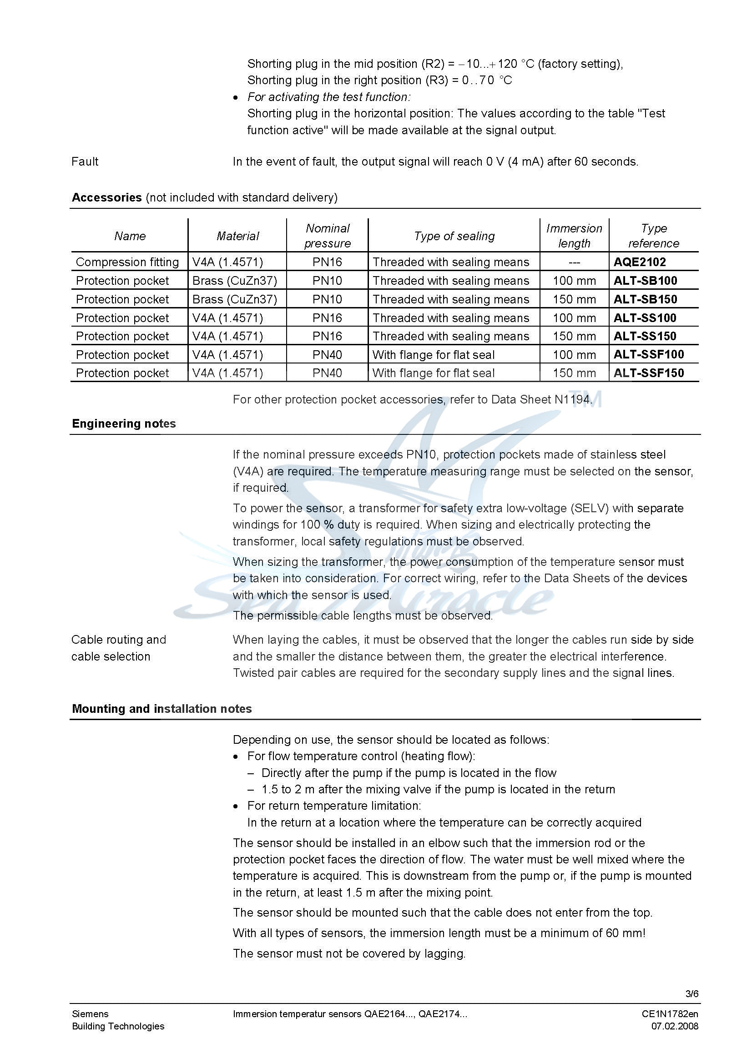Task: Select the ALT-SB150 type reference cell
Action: click(x=645, y=299)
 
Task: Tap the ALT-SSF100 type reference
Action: click(x=648, y=354)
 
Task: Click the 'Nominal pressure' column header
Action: click(x=327, y=236)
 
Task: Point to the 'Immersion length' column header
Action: click(x=574, y=236)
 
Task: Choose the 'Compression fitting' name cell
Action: click(x=127, y=262)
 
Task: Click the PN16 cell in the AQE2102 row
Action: click(x=327, y=262)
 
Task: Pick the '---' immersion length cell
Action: click(x=574, y=262)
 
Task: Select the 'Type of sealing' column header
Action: click(x=454, y=236)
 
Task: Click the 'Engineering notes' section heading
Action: click(x=124, y=424)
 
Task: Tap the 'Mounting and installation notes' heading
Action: click(x=162, y=709)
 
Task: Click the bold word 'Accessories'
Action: click(x=106, y=197)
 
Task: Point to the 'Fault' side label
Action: click(x=85, y=161)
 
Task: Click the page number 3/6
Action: click(x=692, y=993)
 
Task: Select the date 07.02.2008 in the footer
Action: click(x=674, y=1026)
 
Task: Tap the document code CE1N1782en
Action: click(x=670, y=1014)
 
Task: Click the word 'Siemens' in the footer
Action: click(x=90, y=1014)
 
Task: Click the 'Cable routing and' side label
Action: click(x=119, y=640)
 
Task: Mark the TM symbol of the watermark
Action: click(x=587, y=399)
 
